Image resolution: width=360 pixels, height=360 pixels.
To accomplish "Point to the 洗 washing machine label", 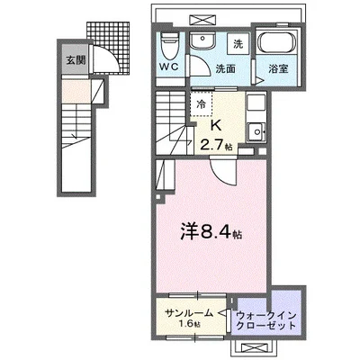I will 238,43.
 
